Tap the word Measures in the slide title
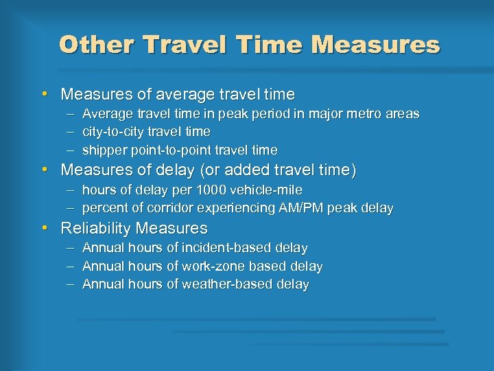[x=375, y=45]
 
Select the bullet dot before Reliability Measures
[x=44, y=227]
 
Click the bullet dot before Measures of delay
[x=44, y=169]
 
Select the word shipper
[x=102, y=150]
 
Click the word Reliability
[x=96, y=227]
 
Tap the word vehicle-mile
[x=267, y=190]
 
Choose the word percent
[x=104, y=207]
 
